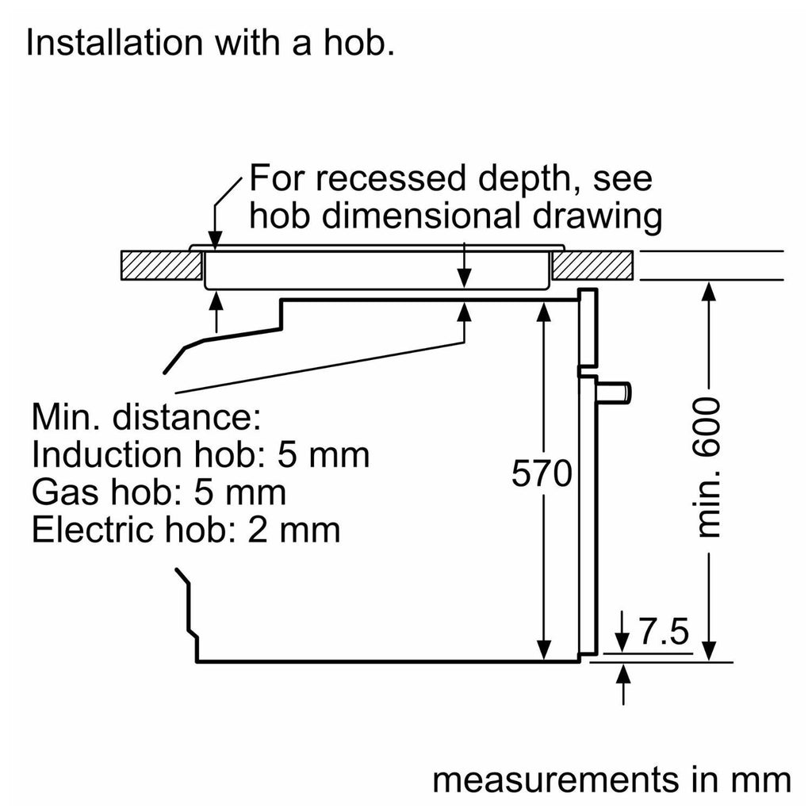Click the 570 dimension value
tap(542, 474)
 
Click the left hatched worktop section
tap(160, 266)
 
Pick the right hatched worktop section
tap(592, 266)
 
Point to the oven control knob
tap(617, 390)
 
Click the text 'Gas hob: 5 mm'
tap(159, 492)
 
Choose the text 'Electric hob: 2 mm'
tap(186, 530)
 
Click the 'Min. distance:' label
tap(146, 416)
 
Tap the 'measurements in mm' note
tap(611, 779)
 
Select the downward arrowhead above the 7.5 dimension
tap(625, 644)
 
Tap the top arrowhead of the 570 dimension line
tap(543, 312)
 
